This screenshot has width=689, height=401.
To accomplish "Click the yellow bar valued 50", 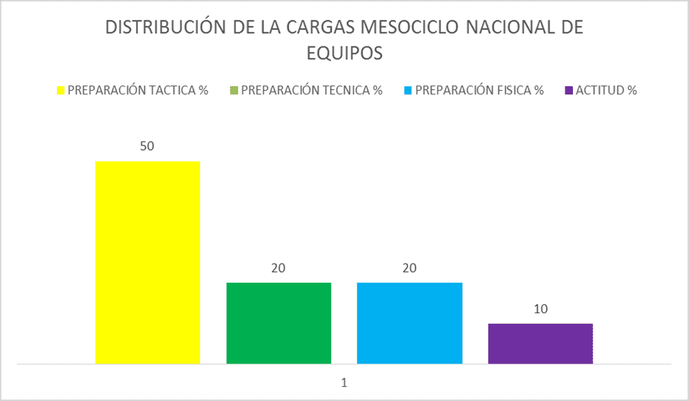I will click(x=148, y=262).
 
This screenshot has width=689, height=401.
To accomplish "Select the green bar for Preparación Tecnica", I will click(x=279, y=323).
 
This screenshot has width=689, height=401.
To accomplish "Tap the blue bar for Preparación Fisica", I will click(x=410, y=323).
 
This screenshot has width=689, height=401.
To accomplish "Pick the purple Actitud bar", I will click(x=540, y=343).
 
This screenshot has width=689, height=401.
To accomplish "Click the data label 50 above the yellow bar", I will click(x=147, y=146).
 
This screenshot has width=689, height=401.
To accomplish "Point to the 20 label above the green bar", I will click(x=279, y=268).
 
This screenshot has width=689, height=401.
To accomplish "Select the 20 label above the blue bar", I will click(x=410, y=268).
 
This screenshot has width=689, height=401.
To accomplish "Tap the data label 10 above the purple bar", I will click(x=540, y=309).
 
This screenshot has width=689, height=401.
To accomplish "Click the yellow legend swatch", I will click(x=61, y=91).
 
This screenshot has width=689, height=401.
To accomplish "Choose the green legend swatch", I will click(x=234, y=91).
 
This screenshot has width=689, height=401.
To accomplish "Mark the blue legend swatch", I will click(x=407, y=91).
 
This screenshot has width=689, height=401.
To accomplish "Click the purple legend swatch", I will click(x=568, y=91).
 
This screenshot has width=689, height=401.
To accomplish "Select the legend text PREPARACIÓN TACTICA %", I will click(x=138, y=91).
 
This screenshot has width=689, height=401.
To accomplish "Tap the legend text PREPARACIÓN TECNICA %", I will click(x=312, y=91).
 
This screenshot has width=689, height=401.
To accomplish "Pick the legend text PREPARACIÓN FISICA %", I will click(x=479, y=91).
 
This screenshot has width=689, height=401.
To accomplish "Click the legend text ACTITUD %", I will click(x=606, y=91).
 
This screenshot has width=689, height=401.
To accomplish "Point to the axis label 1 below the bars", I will click(x=344, y=382).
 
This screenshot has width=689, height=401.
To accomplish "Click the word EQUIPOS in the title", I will click(x=344, y=53).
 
